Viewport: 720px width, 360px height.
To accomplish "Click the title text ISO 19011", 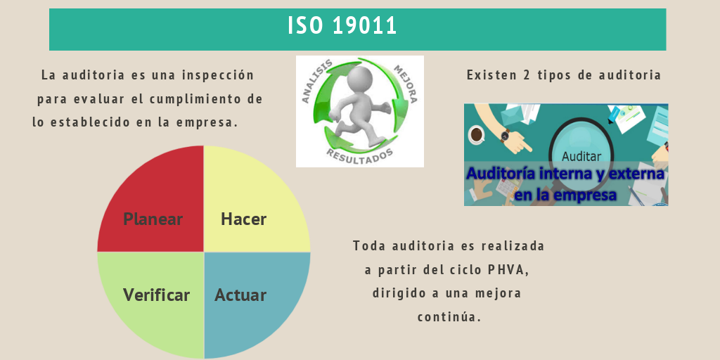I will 342,26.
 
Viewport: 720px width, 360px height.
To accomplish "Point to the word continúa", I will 449,317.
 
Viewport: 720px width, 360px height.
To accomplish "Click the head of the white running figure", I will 361,77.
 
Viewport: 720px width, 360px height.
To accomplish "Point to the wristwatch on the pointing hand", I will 505,136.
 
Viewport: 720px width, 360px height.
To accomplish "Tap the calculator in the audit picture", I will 506,187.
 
